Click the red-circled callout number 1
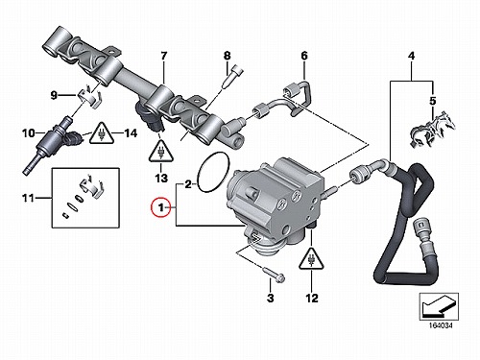[161, 207]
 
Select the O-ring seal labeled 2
[199, 173]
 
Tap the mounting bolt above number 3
[274, 276]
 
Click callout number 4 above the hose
[411, 56]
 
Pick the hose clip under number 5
[432, 131]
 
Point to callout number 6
[304, 56]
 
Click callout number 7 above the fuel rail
[163, 56]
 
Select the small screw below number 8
[231, 77]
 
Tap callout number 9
[54, 95]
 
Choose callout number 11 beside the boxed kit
[28, 198]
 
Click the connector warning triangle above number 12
[311, 258]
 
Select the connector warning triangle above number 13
[160, 152]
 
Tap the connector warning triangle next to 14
[102, 133]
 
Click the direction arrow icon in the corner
[439, 306]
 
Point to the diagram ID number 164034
[441, 325]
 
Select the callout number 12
[312, 299]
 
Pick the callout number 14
[131, 132]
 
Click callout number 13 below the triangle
[161, 178]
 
